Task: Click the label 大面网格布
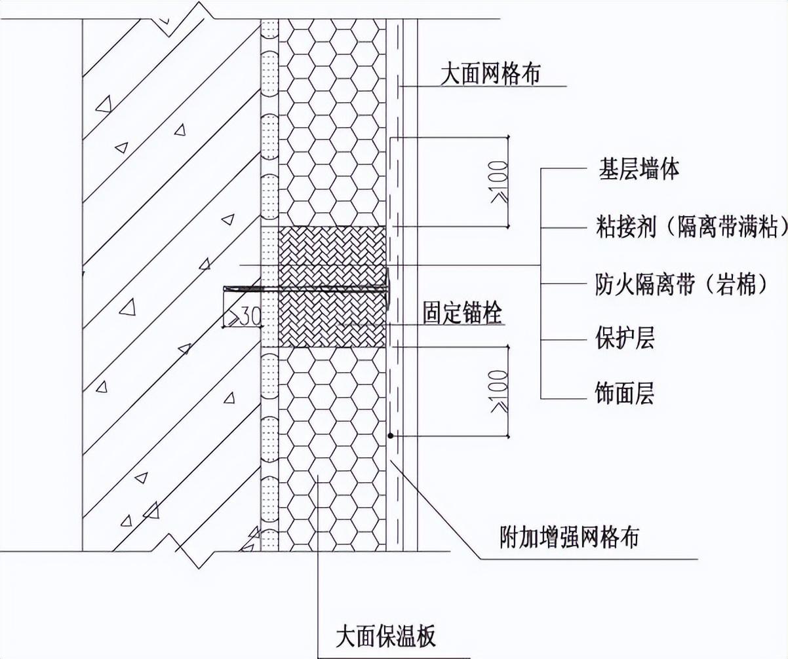click(x=490, y=74)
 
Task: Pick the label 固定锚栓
click(x=462, y=313)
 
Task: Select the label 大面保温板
click(x=385, y=635)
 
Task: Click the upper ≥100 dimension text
click(x=500, y=181)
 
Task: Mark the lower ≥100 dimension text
click(x=500, y=391)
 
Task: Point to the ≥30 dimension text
click(x=243, y=317)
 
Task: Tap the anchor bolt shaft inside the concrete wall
click(x=243, y=288)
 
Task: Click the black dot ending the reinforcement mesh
click(x=390, y=435)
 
